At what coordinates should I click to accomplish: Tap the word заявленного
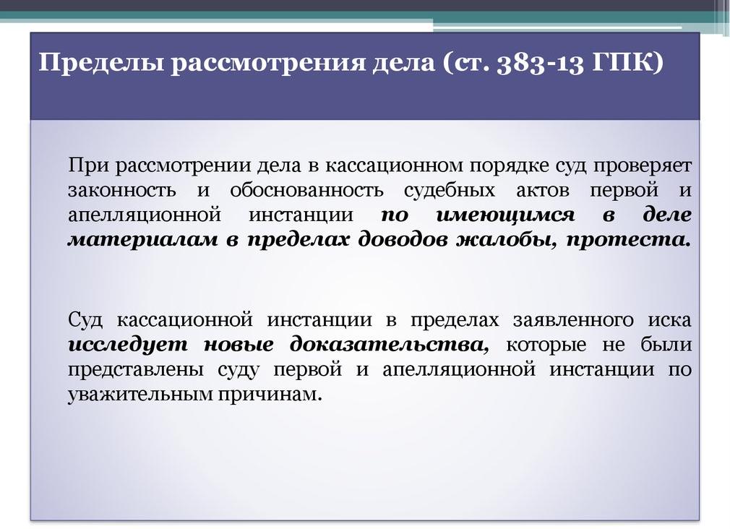point(573,319)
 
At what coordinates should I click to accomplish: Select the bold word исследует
point(129,345)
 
